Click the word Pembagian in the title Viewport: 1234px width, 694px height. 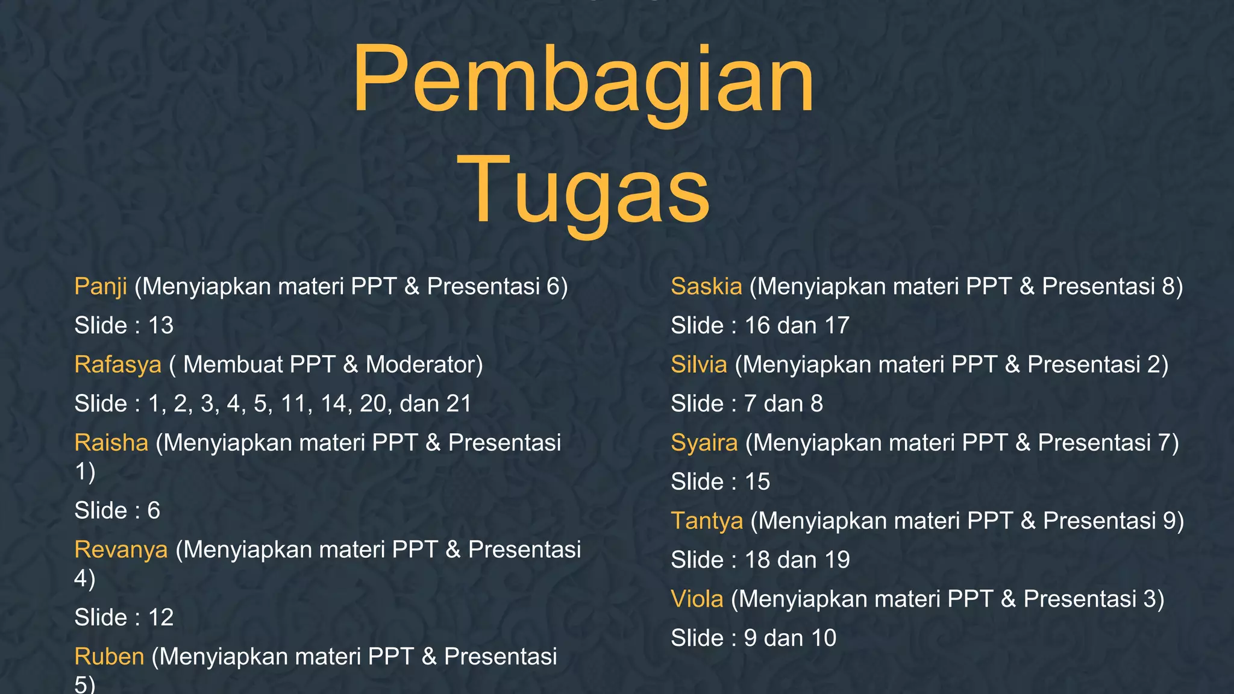[583, 81]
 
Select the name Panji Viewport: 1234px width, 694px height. [101, 287]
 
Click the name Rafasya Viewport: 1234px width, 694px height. [118, 365]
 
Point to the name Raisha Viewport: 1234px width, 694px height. [111, 443]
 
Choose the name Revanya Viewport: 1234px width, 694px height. [121, 550]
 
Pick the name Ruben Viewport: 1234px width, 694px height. [109, 657]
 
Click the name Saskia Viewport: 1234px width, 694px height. [706, 287]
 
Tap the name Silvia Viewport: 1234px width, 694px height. [699, 365]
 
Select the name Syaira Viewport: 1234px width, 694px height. [704, 443]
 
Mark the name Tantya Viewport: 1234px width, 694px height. [707, 521]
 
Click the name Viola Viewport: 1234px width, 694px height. [697, 599]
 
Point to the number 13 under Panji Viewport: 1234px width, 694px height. [161, 326]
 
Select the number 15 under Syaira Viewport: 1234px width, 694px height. [757, 482]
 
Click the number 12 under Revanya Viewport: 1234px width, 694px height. [161, 617]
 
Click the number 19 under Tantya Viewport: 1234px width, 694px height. [837, 560]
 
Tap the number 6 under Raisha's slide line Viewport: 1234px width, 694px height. [154, 511]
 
